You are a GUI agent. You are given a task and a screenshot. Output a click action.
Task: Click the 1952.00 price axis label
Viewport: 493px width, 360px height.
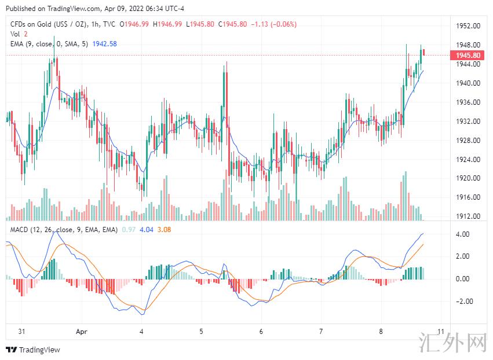click(468, 26)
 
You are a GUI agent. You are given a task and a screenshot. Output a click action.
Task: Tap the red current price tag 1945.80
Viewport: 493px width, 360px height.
click(468, 55)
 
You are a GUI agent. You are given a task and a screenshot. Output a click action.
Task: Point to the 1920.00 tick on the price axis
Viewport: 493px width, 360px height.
click(468, 178)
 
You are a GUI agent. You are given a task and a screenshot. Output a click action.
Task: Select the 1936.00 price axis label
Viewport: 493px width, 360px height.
click(468, 102)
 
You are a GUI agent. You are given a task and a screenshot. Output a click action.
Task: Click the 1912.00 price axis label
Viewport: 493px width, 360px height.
click(468, 216)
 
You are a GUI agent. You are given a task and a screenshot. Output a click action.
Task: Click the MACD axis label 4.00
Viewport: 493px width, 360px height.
click(462, 234)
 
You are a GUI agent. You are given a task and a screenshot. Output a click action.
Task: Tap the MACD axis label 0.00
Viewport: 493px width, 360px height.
click(462, 279)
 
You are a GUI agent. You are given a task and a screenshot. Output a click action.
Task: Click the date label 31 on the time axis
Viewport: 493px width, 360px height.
click(21, 332)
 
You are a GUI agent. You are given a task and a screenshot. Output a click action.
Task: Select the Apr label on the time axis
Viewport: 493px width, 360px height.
click(82, 332)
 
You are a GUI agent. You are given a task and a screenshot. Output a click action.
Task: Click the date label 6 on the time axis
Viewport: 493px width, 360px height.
click(261, 332)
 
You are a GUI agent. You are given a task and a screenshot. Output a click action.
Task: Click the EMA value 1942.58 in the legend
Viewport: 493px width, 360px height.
click(105, 44)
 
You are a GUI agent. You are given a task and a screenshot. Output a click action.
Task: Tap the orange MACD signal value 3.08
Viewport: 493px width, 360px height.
click(165, 230)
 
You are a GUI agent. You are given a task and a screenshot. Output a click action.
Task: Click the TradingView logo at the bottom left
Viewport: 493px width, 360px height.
click(33, 350)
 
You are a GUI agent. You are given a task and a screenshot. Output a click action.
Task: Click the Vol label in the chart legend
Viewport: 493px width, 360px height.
click(16, 34)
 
